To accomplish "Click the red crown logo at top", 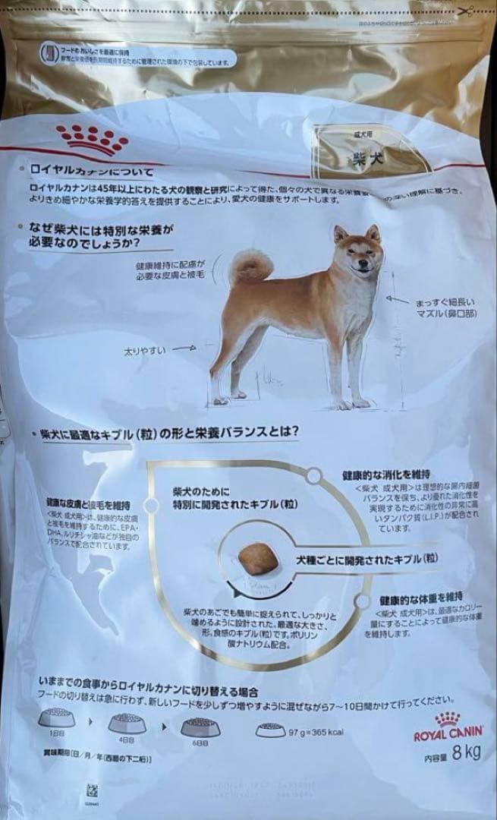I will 93,137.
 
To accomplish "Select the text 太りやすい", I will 145,352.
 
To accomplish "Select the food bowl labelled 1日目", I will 57,716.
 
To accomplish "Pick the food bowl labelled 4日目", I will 127,722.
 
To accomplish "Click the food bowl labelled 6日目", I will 200,725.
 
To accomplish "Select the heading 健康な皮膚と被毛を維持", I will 87,503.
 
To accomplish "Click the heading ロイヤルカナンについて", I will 92,172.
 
